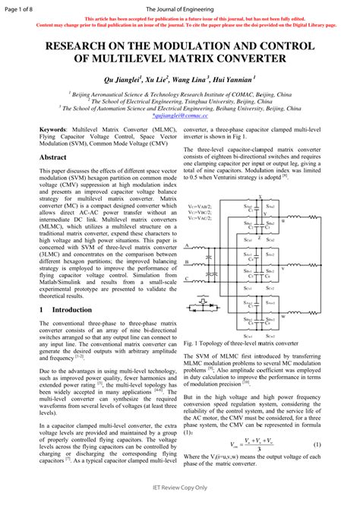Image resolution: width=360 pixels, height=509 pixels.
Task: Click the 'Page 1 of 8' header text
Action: (22, 8)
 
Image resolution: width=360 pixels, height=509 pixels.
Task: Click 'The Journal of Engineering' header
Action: (179, 8)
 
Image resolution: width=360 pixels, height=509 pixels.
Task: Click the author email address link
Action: (179, 115)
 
